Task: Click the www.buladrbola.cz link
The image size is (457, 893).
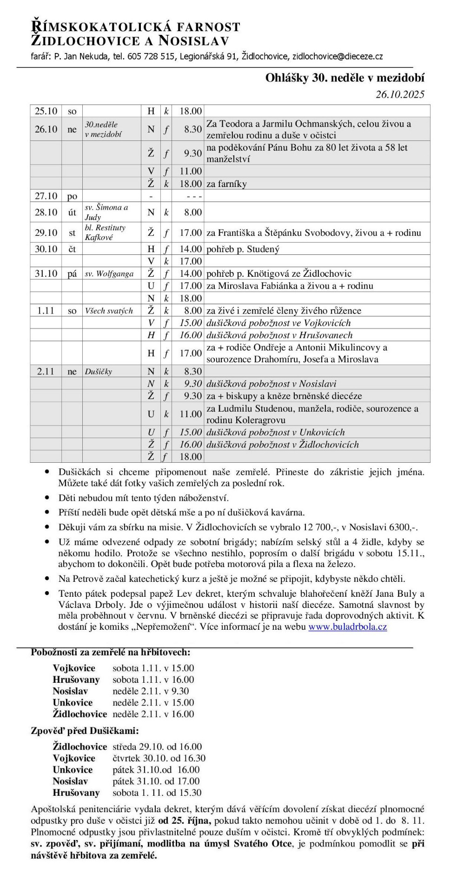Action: tap(347, 626)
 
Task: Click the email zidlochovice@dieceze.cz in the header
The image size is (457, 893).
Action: tap(338, 56)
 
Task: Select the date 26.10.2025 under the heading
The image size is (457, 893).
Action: tap(400, 94)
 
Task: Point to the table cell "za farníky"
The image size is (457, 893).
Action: tap(226, 184)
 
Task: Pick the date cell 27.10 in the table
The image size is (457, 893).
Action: tap(46, 196)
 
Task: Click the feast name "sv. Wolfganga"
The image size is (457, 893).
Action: tap(109, 273)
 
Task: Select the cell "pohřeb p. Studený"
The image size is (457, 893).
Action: tap(243, 249)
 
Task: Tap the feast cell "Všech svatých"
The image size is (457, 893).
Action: tap(108, 311)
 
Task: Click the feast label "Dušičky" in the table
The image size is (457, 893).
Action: tap(98, 371)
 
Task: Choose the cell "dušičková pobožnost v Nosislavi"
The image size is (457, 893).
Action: tap(271, 384)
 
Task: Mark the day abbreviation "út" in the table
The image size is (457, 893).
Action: tap(72, 212)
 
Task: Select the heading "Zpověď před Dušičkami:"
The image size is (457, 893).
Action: tap(85, 730)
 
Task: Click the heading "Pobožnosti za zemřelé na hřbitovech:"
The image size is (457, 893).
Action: tap(110, 652)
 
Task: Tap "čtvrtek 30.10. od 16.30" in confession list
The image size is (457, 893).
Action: tap(159, 758)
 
